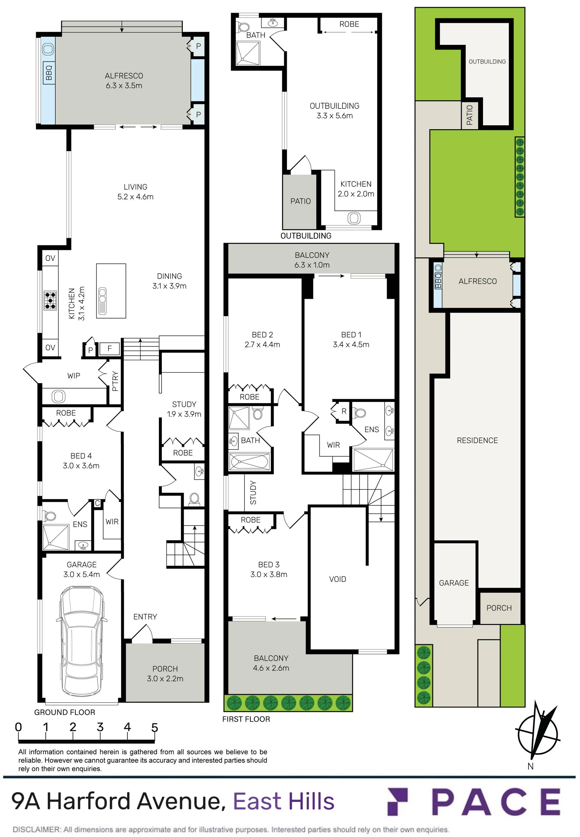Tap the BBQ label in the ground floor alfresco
(49, 73)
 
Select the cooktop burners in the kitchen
(50, 301)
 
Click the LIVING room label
(136, 187)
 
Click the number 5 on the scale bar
(155, 727)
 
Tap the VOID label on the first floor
(338, 579)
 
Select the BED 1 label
(351, 335)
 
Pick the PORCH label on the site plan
(499, 608)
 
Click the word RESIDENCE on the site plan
(477, 441)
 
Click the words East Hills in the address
(283, 801)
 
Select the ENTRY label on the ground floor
(145, 617)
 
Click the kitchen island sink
(102, 301)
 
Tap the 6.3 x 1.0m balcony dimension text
(312, 265)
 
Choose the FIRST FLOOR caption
(246, 719)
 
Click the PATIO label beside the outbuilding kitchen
(301, 201)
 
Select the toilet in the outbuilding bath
(243, 27)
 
